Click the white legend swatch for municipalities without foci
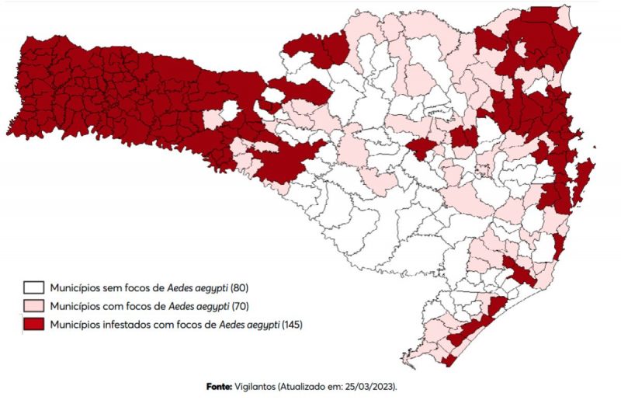coord(33,287)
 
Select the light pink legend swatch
coord(33,305)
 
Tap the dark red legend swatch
coord(33,324)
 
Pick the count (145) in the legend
coord(292,324)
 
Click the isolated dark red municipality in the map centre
coord(421,148)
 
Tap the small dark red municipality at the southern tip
coord(448,360)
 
